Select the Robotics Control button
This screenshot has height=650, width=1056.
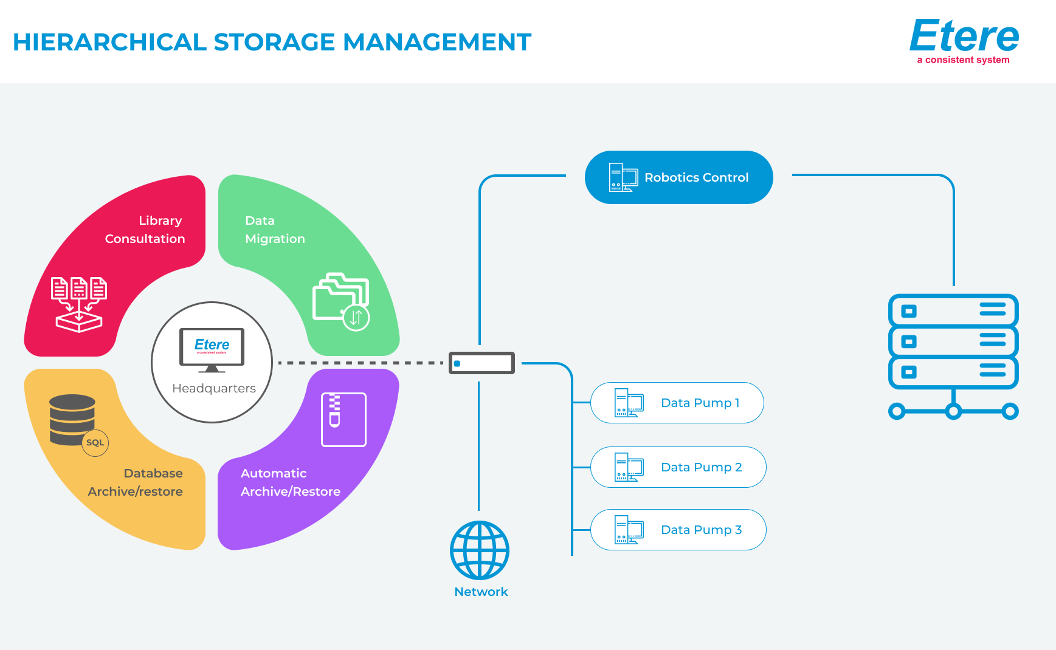(x=678, y=177)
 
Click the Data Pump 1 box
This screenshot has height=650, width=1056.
(x=677, y=403)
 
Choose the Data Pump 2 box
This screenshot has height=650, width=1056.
(x=678, y=467)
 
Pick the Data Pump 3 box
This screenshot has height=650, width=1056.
(x=678, y=530)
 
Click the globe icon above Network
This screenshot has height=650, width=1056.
(x=480, y=550)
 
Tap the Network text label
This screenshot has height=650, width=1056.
(x=481, y=592)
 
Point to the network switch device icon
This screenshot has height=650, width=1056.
(x=481, y=363)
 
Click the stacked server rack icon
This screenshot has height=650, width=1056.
(x=953, y=355)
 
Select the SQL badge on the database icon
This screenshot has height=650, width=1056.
(x=95, y=443)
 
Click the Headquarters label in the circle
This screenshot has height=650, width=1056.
(x=214, y=388)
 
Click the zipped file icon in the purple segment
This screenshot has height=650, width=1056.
(x=343, y=419)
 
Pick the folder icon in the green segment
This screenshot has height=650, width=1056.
(x=341, y=301)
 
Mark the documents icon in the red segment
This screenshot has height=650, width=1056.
(x=79, y=304)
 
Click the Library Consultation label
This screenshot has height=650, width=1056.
(x=145, y=230)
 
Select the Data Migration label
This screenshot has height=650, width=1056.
(x=275, y=230)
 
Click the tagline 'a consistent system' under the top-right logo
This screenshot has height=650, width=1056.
(x=963, y=60)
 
